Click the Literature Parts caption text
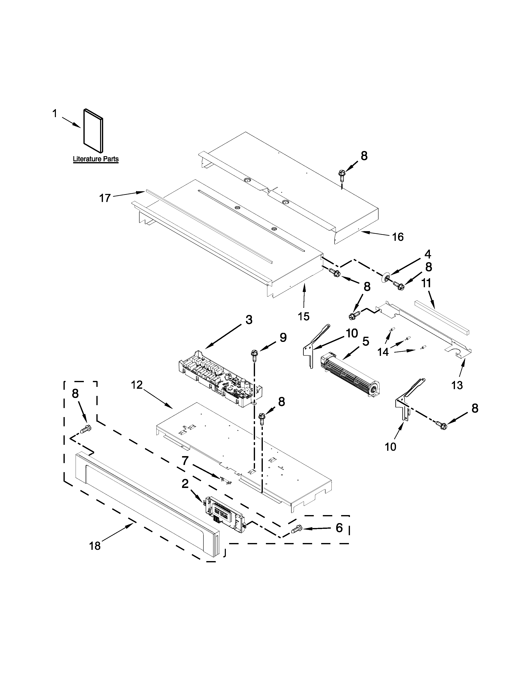pos(96,159)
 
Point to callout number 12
pos(137,385)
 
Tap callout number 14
pos(383,352)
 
